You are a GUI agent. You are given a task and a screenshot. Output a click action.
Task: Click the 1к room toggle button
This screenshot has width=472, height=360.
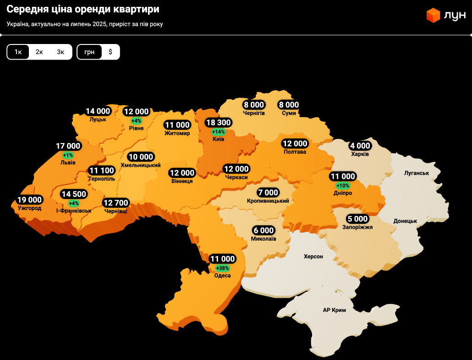pyautogui.click(x=18, y=52)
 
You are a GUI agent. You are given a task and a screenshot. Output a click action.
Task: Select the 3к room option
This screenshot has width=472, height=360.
pyautogui.click(x=60, y=52)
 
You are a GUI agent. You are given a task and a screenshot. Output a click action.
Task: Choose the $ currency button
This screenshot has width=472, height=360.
pyautogui.click(x=110, y=52)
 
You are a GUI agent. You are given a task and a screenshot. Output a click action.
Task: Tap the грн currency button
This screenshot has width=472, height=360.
pyautogui.click(x=89, y=52)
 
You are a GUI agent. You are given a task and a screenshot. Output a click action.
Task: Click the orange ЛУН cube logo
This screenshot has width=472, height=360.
pyautogui.click(x=433, y=16)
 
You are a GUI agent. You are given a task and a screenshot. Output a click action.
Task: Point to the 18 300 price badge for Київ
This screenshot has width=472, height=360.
pyautogui.click(x=219, y=123)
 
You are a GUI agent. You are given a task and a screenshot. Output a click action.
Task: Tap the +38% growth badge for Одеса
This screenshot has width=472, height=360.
pyautogui.click(x=222, y=268)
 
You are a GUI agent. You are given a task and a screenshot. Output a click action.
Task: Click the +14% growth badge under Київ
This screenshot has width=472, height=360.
pyautogui.click(x=219, y=132)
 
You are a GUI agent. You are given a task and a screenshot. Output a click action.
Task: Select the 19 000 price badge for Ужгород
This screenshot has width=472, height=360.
pyautogui.click(x=29, y=200)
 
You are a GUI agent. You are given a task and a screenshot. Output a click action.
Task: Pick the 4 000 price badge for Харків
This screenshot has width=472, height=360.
pyautogui.click(x=360, y=146)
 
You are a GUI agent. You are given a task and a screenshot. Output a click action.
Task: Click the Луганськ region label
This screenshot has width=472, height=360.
pyautogui.click(x=416, y=173)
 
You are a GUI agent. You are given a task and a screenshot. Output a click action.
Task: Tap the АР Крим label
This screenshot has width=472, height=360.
pyautogui.click(x=334, y=310)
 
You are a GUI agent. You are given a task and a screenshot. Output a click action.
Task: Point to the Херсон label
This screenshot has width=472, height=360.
pyautogui.click(x=313, y=256)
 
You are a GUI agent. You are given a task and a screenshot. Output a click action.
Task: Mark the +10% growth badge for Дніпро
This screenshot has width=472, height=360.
pyautogui.click(x=343, y=185)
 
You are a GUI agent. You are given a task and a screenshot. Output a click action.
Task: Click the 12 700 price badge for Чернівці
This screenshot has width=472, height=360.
pyautogui.click(x=116, y=203)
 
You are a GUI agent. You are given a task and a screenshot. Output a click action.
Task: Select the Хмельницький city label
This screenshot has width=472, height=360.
pyautogui.click(x=140, y=165)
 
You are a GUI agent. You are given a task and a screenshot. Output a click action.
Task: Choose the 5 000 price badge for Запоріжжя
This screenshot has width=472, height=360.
pyautogui.click(x=357, y=219)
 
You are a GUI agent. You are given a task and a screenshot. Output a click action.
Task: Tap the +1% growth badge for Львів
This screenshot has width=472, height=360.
pyautogui.click(x=68, y=155)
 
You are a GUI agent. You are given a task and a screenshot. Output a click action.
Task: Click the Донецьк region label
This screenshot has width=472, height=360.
pyautogui.click(x=405, y=221)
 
